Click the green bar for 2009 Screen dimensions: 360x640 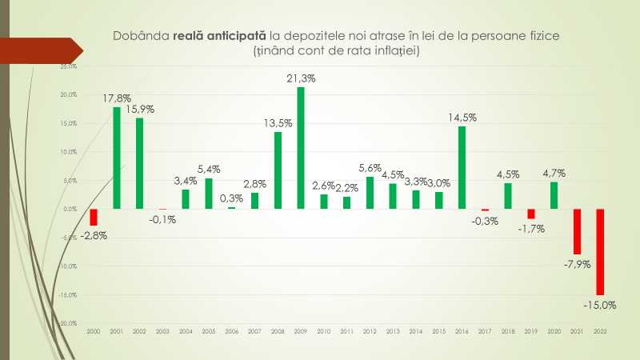(x=301, y=148)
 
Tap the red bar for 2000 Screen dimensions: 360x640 (x=94, y=217)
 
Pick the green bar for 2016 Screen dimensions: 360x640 (x=462, y=167)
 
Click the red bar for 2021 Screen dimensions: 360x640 (x=576, y=231)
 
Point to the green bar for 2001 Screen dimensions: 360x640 (x=117, y=158)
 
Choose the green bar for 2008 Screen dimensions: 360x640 (x=278, y=170)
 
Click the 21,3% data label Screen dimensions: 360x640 (x=301, y=78)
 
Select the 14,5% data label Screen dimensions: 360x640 (x=462, y=118)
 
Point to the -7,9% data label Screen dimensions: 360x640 (x=576, y=263)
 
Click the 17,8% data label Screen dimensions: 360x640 (x=117, y=98)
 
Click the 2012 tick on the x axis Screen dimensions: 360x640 (x=370, y=330)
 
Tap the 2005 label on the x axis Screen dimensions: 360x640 (x=208, y=330)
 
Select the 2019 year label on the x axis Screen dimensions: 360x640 (x=530, y=330)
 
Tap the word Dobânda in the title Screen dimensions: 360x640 (x=142, y=36)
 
